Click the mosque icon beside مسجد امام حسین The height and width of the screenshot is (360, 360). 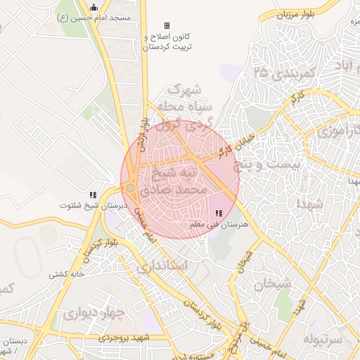tap(94, 8)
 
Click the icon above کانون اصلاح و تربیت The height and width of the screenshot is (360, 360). tap(167, 26)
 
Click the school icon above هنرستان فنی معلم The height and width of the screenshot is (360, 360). tap(219, 212)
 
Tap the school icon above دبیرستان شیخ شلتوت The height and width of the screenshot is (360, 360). tap(92, 195)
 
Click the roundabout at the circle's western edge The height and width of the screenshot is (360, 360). tap(130, 188)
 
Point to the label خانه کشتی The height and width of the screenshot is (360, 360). tap(67, 274)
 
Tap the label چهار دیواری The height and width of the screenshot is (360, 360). tap(94, 313)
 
